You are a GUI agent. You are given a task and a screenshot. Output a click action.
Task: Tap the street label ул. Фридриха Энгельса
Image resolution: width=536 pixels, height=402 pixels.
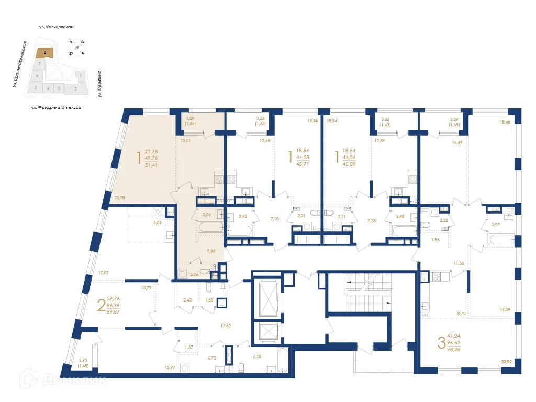(56, 107)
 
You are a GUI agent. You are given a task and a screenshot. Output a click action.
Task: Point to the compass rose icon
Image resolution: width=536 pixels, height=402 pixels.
(77, 48)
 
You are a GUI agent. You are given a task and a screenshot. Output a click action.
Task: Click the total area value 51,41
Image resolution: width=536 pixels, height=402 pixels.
(151, 165)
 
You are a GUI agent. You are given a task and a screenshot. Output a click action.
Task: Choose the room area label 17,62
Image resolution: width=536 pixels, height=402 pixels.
(226, 326)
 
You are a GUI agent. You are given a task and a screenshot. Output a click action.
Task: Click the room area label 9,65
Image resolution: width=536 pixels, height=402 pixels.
(211, 251)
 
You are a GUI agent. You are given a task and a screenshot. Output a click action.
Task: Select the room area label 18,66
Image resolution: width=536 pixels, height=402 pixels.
(505, 121)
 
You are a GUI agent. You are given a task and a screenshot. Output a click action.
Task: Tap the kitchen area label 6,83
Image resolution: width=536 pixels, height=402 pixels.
(157, 223)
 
